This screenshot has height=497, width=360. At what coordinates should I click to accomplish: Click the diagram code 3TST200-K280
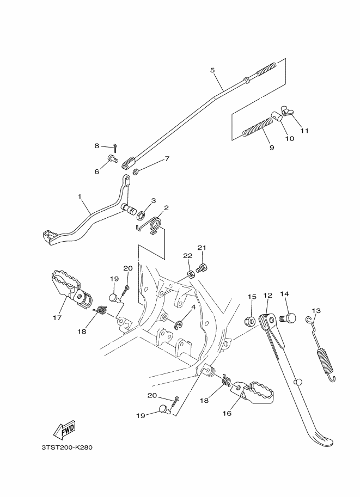point(66,447)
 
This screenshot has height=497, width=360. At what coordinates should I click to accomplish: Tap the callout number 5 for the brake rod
point(212,70)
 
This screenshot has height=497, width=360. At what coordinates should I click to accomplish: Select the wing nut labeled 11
point(288,112)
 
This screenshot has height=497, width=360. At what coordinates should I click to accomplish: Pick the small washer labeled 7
point(136,172)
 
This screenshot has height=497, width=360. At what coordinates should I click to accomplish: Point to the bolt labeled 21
point(202,268)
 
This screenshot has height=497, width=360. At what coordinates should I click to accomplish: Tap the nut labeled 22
point(191,273)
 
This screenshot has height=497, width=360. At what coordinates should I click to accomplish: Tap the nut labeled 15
point(250,321)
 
